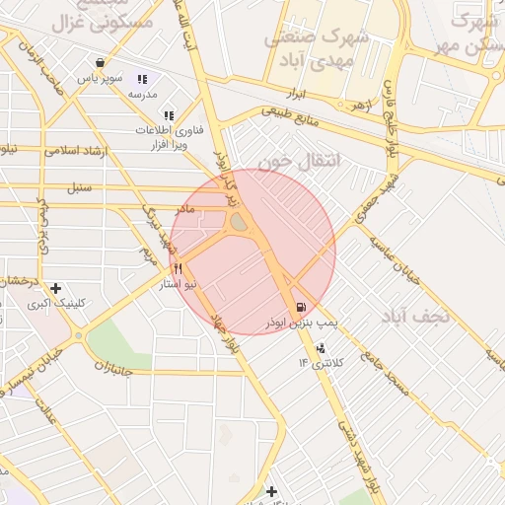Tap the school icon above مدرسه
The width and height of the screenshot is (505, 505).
click(x=142, y=79)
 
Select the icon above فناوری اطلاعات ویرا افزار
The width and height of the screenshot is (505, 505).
click(x=169, y=115)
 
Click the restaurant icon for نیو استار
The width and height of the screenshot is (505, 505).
click(x=179, y=268)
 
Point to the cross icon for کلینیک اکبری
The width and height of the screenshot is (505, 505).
click(x=56, y=288)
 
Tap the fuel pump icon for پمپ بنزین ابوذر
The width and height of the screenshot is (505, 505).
click(x=300, y=307)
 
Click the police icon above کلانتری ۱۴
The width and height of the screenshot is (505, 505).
click(x=321, y=348)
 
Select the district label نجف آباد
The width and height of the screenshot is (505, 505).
click(x=416, y=316)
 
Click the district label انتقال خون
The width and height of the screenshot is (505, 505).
click(x=297, y=158)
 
